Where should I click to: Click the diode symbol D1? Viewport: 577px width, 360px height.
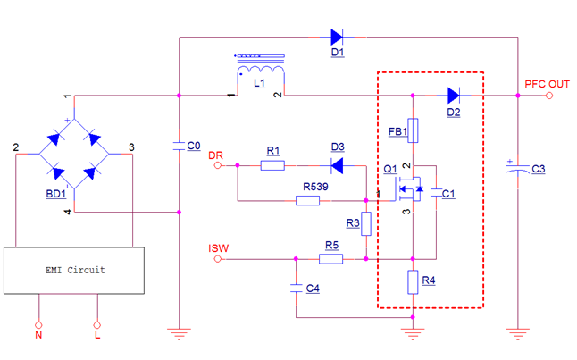pyautogui.click(x=337, y=38)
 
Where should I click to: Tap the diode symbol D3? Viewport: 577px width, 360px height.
pyautogui.click(x=337, y=165)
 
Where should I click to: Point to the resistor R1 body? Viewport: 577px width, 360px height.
pyautogui.click(x=273, y=165)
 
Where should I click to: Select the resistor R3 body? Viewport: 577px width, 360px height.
pyautogui.click(x=366, y=224)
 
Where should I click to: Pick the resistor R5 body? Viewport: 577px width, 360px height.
pyautogui.click(x=331, y=259)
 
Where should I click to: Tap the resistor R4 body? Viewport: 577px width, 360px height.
pyautogui.click(x=413, y=282)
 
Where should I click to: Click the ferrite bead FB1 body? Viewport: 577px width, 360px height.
pyautogui.click(x=413, y=130)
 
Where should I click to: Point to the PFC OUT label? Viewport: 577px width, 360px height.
pyautogui.click(x=547, y=84)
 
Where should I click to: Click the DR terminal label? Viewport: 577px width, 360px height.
pyautogui.click(x=215, y=156)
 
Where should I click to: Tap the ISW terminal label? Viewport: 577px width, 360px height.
pyautogui.click(x=218, y=248)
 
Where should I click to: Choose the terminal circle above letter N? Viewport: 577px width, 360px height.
pyautogui.click(x=38, y=324)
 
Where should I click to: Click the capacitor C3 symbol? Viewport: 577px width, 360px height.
pyautogui.click(x=517, y=171)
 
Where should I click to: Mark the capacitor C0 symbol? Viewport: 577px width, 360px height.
pyautogui.click(x=180, y=147)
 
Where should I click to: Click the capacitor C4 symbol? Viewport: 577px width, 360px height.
pyautogui.click(x=296, y=289)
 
